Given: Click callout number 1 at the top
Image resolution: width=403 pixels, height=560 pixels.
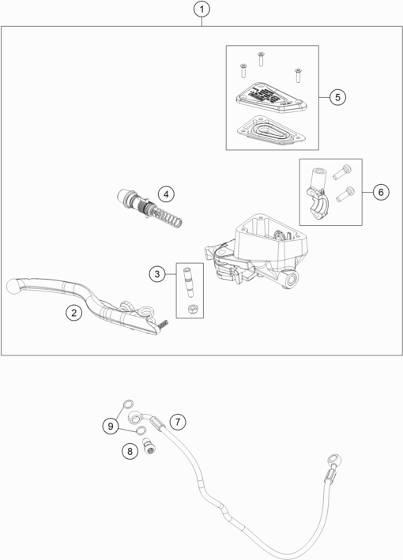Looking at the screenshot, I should pos(202,10).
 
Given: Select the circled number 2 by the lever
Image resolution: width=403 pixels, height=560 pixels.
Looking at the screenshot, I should pos(73,313).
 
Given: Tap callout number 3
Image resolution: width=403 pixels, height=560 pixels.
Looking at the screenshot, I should pos(158,273).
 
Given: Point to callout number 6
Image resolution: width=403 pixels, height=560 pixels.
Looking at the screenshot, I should pos(379,192).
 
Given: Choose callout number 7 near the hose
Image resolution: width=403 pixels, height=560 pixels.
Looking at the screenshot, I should pos(179,422).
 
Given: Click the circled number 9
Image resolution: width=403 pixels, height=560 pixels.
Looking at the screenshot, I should pos(112,426).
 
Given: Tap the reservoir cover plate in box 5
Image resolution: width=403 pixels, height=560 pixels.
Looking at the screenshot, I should pos(269,97).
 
